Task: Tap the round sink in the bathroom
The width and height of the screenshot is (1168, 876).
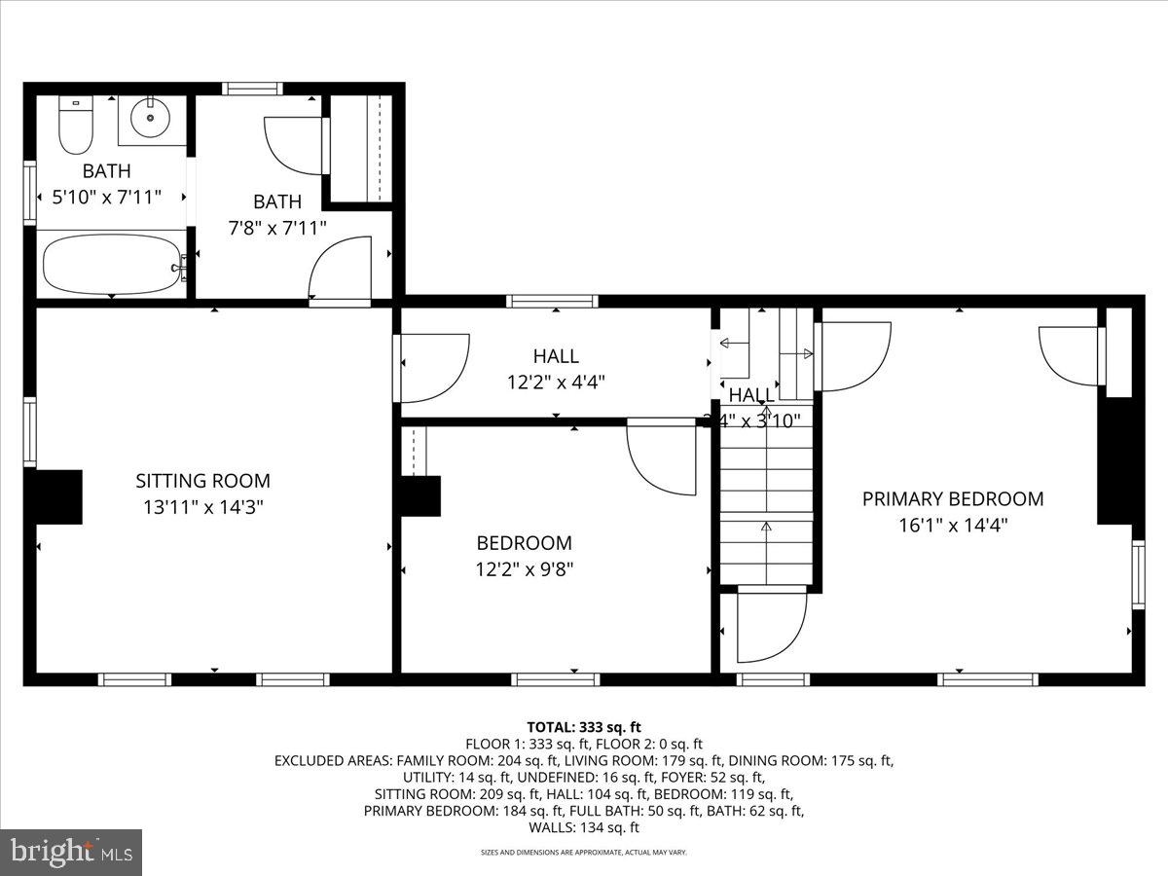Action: click(151, 120)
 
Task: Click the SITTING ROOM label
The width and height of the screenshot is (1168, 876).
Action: click(202, 481)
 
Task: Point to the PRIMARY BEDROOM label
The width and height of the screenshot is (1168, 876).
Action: click(952, 499)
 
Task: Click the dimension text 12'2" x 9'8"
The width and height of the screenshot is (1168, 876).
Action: click(524, 569)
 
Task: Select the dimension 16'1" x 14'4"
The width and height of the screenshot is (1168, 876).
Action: click(952, 526)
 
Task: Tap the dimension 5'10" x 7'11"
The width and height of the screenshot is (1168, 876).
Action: click(106, 198)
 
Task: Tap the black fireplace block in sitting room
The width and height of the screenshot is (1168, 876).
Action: click(57, 496)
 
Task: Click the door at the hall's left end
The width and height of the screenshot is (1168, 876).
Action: click(432, 368)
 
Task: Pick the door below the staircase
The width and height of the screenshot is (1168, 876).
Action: click(771, 625)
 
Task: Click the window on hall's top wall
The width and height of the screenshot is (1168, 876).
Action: click(552, 301)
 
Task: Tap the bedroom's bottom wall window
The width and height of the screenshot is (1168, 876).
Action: click(555, 679)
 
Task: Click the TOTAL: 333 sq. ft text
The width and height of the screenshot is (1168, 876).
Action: click(583, 727)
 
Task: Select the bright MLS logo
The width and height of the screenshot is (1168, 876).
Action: click(71, 853)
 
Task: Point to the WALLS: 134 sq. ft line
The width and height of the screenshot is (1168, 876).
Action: click(583, 828)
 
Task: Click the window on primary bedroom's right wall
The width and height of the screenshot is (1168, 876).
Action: click(1137, 575)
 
